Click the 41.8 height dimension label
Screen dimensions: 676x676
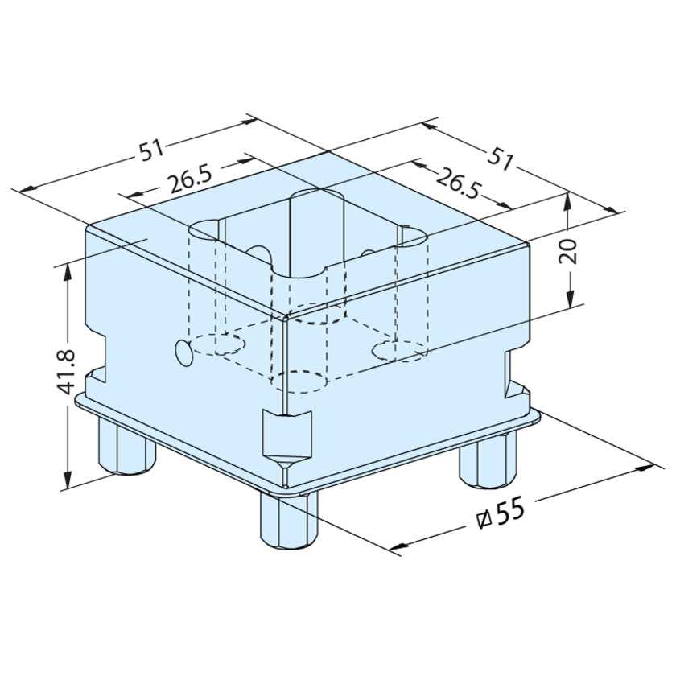66,372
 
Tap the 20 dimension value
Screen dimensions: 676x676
567,251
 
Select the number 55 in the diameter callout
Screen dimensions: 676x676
511,511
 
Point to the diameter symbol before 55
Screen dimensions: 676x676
484,520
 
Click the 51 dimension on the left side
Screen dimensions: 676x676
151,149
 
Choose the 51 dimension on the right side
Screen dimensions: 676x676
501,159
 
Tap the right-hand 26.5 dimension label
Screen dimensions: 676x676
458,184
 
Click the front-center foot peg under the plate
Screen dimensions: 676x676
288,521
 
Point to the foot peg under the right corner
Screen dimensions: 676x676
488,461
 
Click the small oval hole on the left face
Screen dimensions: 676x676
184,352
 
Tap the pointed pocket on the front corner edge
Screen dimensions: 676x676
286,439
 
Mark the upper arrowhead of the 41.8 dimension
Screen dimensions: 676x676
68,272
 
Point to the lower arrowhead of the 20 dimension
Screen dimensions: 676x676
570,299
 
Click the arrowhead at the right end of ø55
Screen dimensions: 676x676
645,468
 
